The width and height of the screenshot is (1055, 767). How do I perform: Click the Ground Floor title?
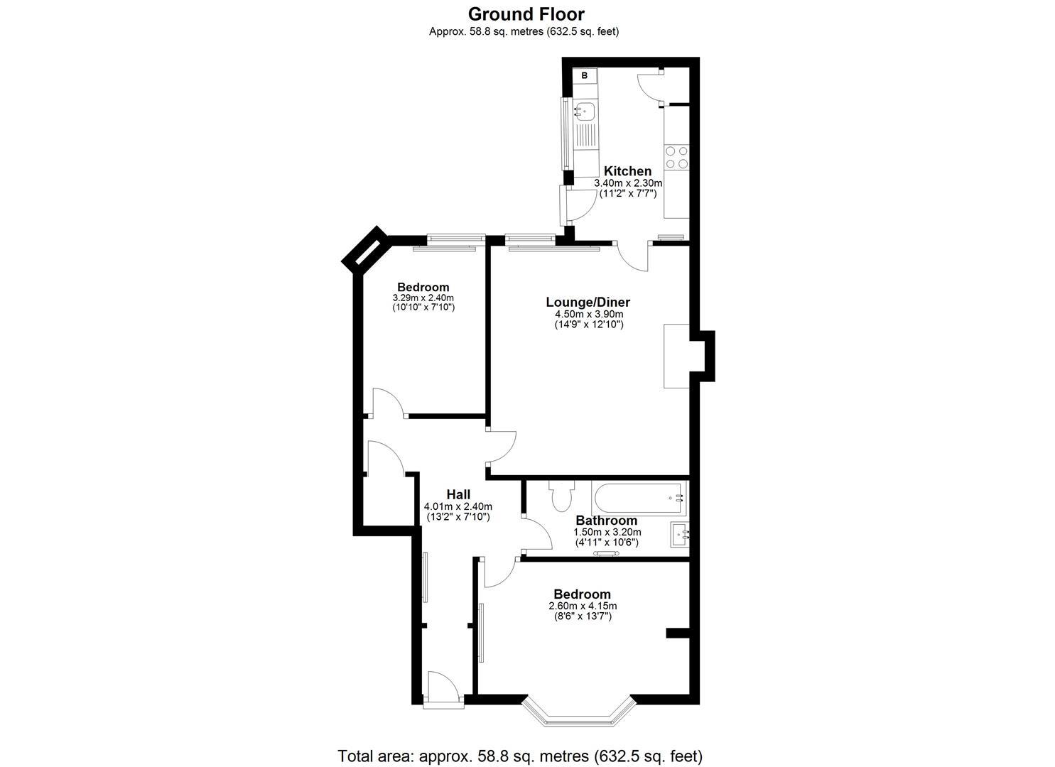(x=526, y=13)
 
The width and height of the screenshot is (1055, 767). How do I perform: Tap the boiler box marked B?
(x=585, y=75)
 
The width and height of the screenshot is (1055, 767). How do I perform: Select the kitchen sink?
(x=586, y=111)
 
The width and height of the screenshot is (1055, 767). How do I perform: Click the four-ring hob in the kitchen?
(x=676, y=157)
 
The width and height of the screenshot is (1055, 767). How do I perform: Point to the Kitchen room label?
(x=627, y=171)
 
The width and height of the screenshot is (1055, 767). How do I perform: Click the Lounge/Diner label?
(x=588, y=302)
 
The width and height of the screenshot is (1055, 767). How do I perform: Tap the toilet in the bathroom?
(x=560, y=495)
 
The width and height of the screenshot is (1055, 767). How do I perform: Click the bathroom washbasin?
(x=679, y=533)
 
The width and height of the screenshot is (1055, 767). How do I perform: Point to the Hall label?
(x=458, y=494)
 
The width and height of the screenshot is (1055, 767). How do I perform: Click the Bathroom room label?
(x=606, y=521)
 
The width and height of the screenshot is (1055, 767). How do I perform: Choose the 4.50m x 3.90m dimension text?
(x=589, y=315)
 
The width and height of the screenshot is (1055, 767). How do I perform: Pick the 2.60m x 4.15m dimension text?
(x=583, y=606)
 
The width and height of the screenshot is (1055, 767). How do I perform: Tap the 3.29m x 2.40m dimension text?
(x=423, y=298)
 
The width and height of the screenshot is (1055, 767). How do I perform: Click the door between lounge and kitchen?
(x=633, y=256)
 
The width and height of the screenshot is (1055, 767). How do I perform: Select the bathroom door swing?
(x=536, y=533)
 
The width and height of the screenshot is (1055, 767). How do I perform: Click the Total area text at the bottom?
(x=520, y=755)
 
